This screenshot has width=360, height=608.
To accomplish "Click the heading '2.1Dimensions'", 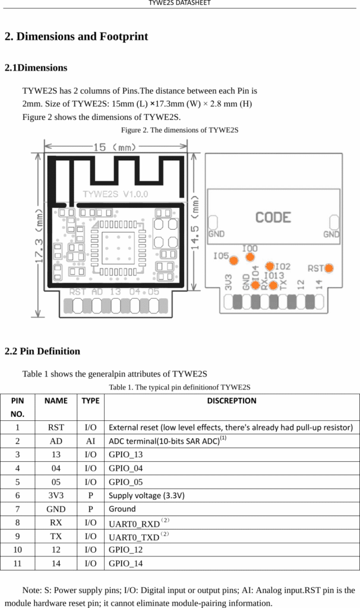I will point(36,68).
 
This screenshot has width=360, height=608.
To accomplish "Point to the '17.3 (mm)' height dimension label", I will point(40,236).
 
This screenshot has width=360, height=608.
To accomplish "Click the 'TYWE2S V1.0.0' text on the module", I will point(115,194).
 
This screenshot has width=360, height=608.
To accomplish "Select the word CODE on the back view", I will point(273,217).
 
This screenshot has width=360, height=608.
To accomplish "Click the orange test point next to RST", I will point(329,268).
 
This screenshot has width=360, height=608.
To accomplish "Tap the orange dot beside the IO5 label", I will point(234,259).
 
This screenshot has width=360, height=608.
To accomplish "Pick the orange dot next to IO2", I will point(270,266).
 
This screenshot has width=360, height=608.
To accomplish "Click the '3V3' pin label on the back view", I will point(228,281).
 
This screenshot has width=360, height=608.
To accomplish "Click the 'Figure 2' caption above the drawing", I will point(179,130).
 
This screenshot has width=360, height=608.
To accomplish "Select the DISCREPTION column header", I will point(232,401).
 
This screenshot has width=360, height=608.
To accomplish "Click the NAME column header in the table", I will point(56,401).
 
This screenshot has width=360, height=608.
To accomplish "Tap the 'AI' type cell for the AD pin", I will point(90,441).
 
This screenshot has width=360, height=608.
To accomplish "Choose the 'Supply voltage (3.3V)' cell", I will point(146,495).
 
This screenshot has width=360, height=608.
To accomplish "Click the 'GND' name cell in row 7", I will point(56,509).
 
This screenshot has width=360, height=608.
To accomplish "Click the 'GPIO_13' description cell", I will point(125,454).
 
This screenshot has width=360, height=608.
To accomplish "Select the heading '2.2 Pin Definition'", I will point(42,351).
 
